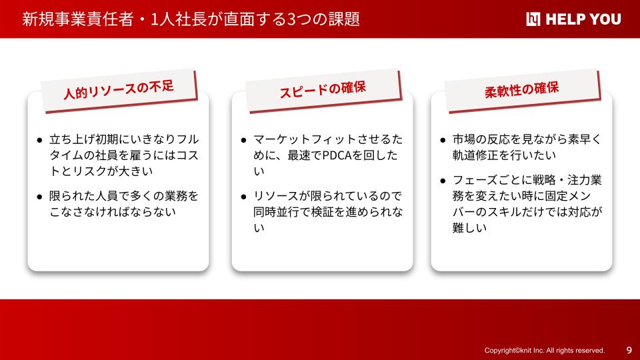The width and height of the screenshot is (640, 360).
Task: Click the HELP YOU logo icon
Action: tap(533, 19)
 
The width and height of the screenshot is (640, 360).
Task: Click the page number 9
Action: tap(629, 350)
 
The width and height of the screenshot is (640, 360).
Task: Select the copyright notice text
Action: tap(545, 350)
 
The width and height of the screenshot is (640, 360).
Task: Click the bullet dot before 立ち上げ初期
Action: tap(39, 141)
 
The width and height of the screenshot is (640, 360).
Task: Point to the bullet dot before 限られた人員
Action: tap(39, 197)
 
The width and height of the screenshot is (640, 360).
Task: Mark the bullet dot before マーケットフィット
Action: tap(244, 141)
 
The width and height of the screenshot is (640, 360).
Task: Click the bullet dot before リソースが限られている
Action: tap(244, 197)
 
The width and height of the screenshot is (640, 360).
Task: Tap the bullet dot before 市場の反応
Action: tap(443, 141)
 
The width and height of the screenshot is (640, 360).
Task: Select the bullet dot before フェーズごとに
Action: tap(443, 181)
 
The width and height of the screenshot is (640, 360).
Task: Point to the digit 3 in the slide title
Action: tap(291, 19)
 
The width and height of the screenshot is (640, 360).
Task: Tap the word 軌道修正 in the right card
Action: tap(475, 155)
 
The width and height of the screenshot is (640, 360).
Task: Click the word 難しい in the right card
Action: tap(469, 228)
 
